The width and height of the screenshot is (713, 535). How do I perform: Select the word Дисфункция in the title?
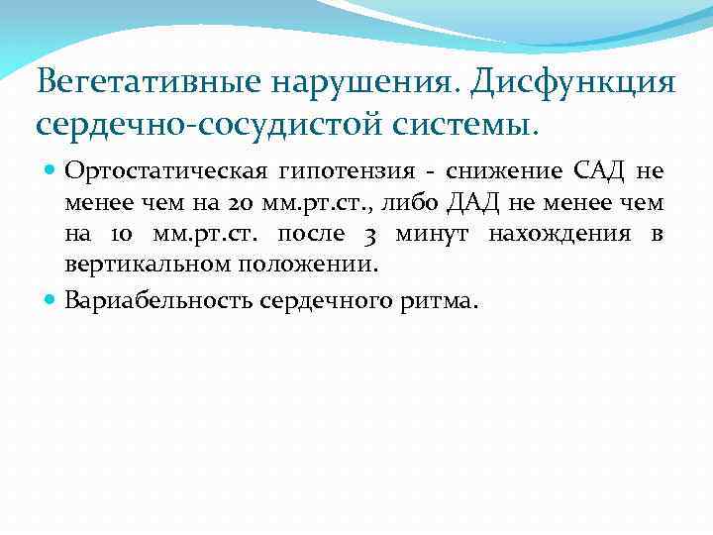click(574, 82)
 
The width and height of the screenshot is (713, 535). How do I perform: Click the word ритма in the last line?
click(442, 300)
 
